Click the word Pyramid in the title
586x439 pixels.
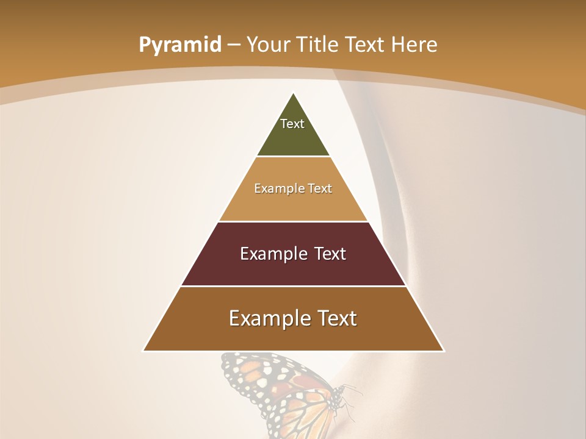coord(180,45)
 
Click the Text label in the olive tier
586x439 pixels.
coord(292,124)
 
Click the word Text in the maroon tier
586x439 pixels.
coord(330,254)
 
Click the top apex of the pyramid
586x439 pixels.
coord(294,93)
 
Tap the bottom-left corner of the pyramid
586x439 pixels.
coord(144,351)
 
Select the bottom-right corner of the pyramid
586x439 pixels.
coord(443,351)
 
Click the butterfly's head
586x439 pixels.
coord(336,399)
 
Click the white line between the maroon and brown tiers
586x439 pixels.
coord(293,286)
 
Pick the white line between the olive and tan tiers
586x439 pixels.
coord(293,157)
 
